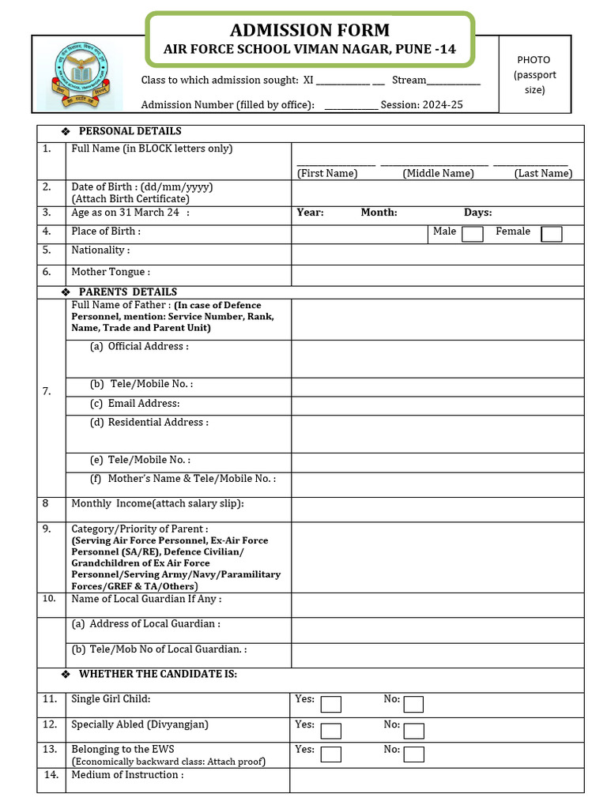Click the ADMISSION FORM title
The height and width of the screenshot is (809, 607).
[x=309, y=31]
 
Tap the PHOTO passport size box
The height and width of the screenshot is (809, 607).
[x=533, y=75]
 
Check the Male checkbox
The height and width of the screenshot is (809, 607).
[x=473, y=234]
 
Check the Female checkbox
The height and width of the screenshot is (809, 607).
[x=552, y=234]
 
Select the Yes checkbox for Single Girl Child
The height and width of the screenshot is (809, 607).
[x=331, y=704]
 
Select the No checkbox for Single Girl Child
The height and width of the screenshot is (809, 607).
[x=413, y=704]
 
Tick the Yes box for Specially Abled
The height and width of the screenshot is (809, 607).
[x=331, y=729]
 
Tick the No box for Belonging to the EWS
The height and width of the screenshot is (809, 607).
[x=413, y=754]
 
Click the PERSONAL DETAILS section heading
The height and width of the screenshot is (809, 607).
[x=130, y=131]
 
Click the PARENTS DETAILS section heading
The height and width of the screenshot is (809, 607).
[x=127, y=292]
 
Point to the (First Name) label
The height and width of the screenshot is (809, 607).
[x=327, y=174]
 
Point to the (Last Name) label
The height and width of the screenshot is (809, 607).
[x=543, y=174]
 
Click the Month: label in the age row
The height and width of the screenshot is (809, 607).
[x=379, y=213]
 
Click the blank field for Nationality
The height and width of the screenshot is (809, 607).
[x=437, y=254]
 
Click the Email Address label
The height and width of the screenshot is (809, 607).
[x=143, y=404]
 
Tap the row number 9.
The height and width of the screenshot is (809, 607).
[x=47, y=529]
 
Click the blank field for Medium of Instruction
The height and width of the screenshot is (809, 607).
[x=436, y=780]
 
